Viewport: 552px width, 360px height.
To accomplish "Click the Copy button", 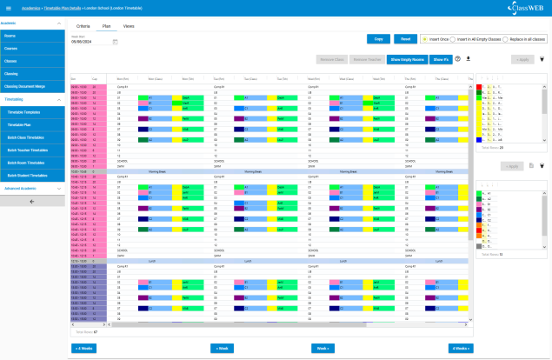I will tap(378, 39).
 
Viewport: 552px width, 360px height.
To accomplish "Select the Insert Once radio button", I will tap(424, 39).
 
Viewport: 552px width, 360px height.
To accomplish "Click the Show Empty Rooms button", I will tap(407, 59).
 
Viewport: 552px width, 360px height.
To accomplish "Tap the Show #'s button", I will tap(441, 59).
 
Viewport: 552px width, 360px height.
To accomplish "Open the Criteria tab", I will tap(83, 27).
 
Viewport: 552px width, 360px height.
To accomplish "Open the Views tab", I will tap(129, 27).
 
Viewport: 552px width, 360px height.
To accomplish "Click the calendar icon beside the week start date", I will tap(115, 41).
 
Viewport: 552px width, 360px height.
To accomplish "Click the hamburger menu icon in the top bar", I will tap(8, 8).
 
